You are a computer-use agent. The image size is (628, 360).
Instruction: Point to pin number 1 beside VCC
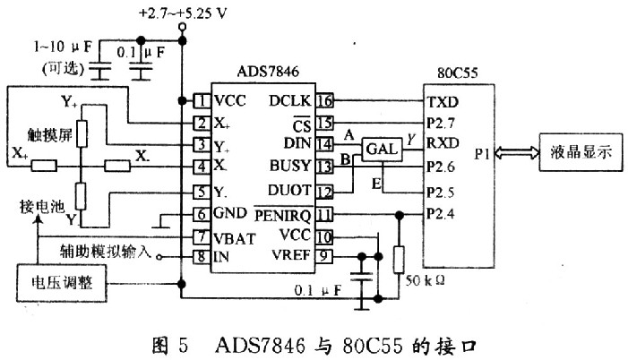(202, 100)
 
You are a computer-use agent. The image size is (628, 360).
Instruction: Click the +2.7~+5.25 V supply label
(182, 13)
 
